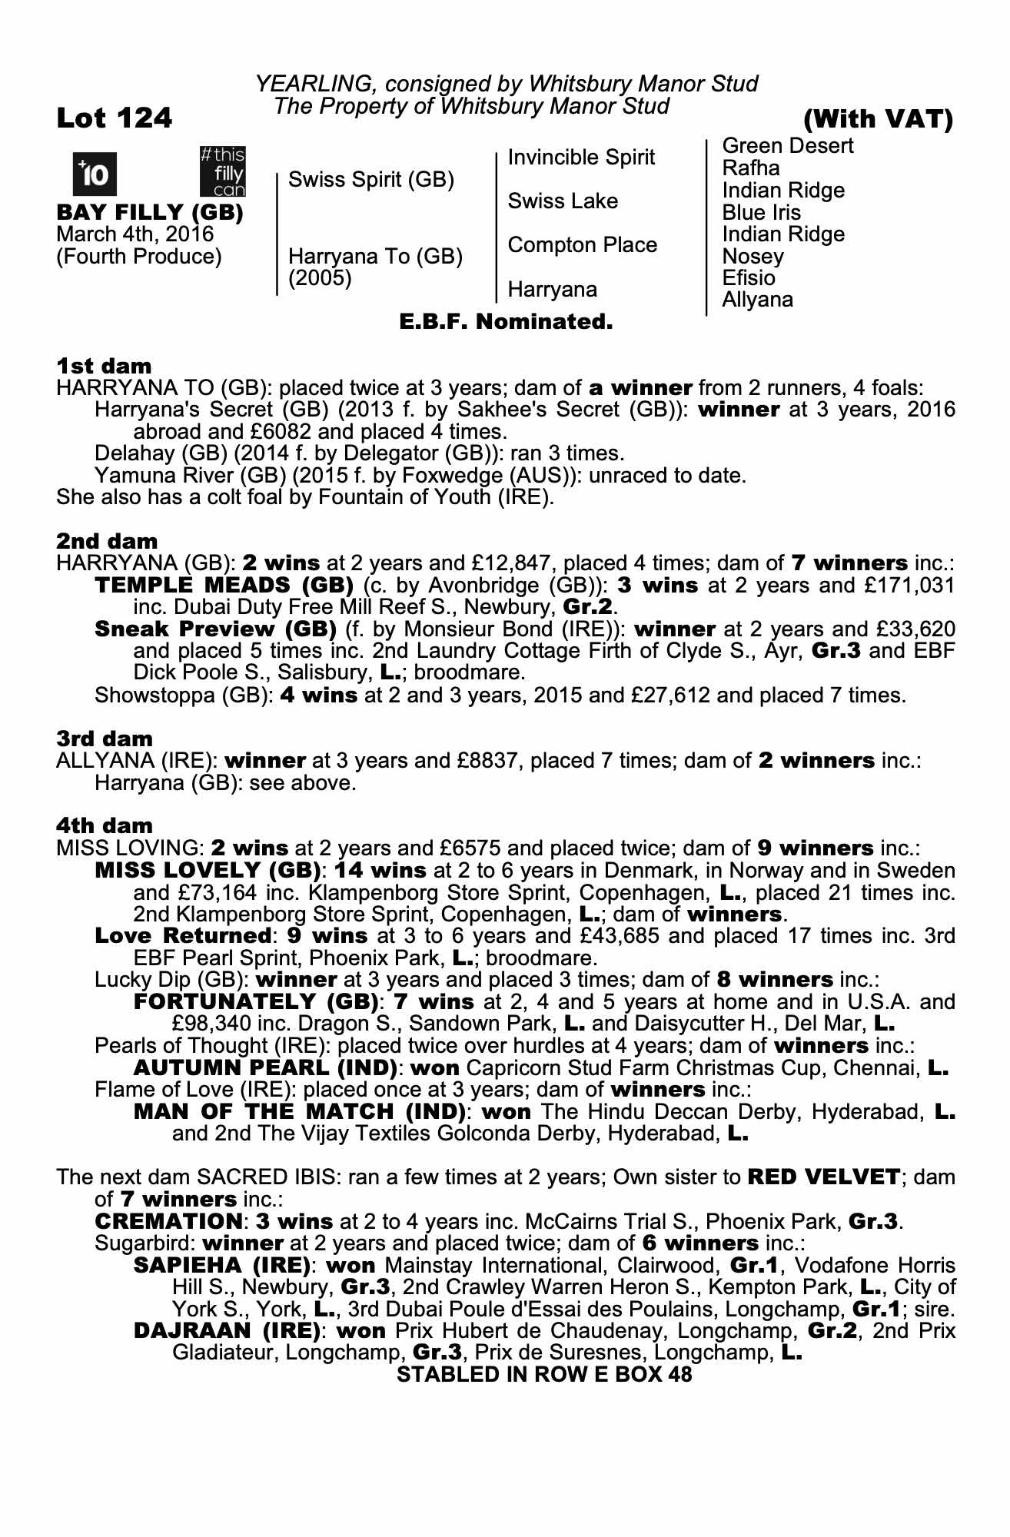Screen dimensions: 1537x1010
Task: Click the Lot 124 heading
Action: coord(115,118)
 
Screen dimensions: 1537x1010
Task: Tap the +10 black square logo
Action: coord(95,174)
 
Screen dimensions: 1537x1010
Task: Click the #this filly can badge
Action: coord(222,171)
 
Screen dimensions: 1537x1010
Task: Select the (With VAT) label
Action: coord(878,119)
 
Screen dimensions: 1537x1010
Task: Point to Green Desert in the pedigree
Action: coord(788,146)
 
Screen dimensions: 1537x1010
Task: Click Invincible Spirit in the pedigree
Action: coord(581,158)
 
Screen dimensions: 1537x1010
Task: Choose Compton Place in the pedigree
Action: coord(582,245)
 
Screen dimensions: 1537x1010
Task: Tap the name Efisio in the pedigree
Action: coord(749,277)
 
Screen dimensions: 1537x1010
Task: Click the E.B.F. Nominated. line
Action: coord(506,322)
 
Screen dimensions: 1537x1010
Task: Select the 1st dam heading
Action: coord(104,366)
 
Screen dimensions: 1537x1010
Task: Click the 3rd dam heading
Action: coord(105,739)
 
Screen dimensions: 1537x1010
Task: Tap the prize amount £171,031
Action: coord(910,586)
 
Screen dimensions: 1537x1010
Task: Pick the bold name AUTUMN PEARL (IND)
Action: coord(265,1068)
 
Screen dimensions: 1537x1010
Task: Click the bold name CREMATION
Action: coord(168,1221)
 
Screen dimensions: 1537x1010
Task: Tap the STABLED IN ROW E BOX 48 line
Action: coord(544,1375)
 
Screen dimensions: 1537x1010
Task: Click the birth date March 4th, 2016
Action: coord(135,234)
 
